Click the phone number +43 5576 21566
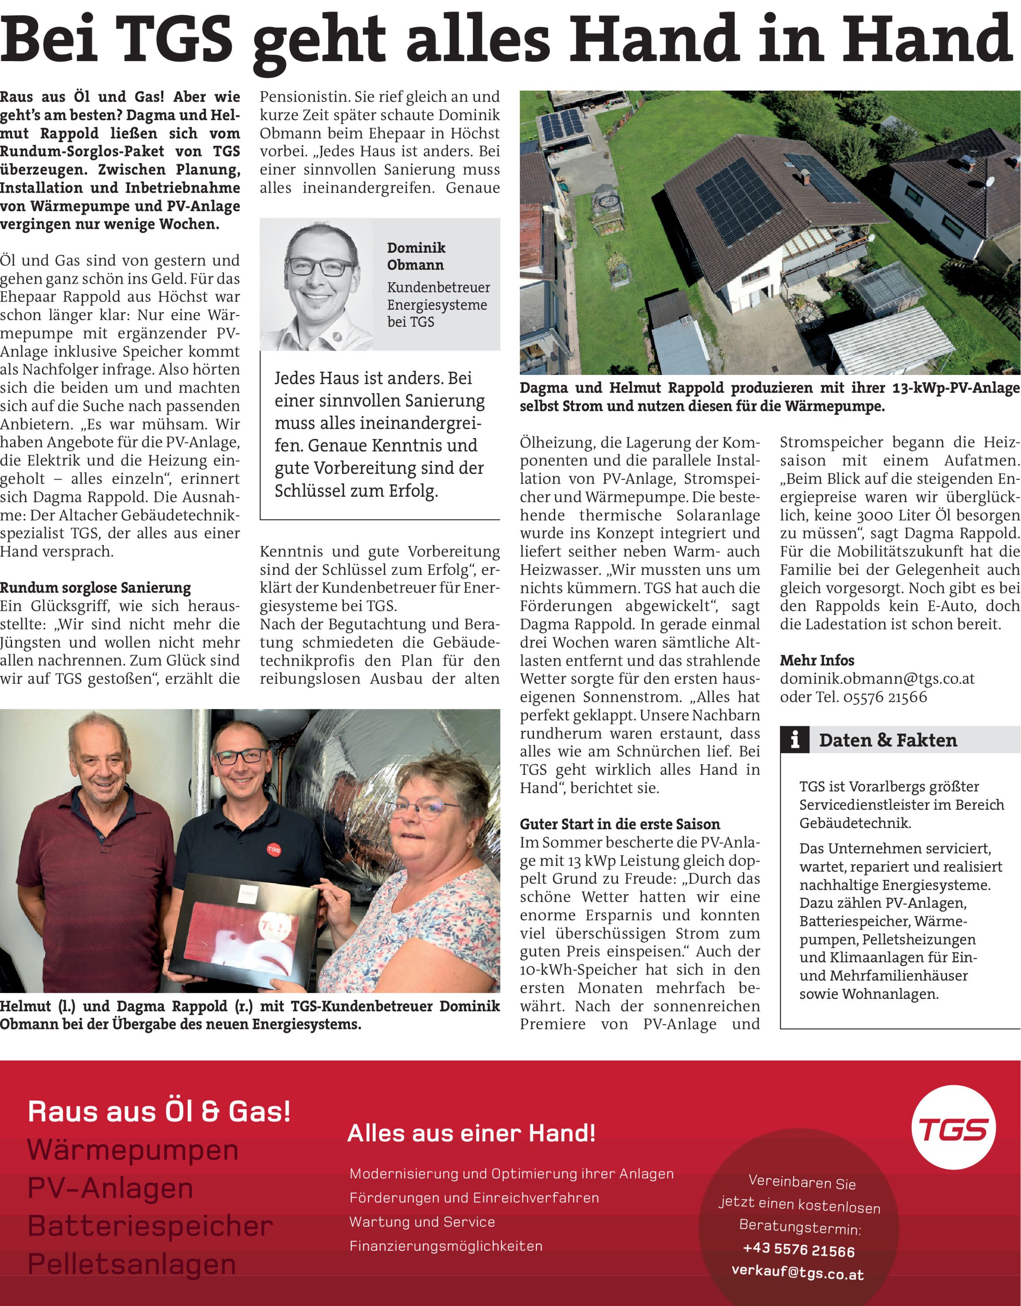click(798, 1250)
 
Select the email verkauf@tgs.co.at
click(798, 1272)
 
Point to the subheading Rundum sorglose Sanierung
click(96, 588)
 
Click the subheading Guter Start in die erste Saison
click(620, 824)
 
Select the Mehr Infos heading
click(817, 660)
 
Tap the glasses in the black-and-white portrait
click(321, 267)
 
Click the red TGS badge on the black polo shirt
click(273, 849)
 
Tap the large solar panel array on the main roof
click(738, 200)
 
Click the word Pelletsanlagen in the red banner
click(132, 1264)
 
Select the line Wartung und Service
click(422, 1221)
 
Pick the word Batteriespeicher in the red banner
click(150, 1226)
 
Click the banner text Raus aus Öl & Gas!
click(159, 1112)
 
